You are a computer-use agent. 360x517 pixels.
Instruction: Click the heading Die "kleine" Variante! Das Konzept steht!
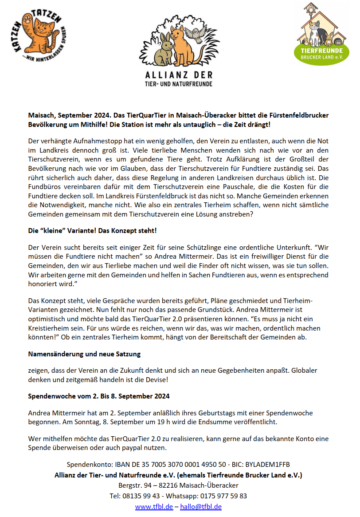[92, 231]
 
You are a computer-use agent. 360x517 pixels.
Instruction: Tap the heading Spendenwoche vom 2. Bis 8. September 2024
[99, 396]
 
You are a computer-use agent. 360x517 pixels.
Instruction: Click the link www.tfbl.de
[154, 506]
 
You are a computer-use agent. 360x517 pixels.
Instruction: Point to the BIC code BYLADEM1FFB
[269, 465]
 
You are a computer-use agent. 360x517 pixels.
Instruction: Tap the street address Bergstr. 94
[136, 485]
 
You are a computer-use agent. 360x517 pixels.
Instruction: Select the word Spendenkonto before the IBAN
[88, 465]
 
